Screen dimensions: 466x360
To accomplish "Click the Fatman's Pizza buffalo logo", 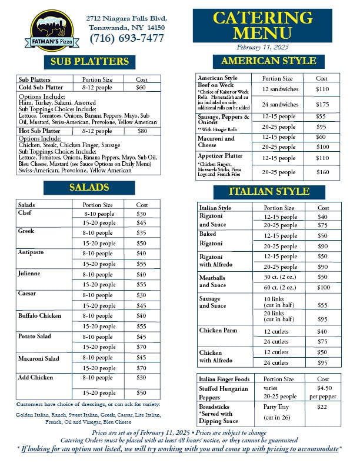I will [50, 30].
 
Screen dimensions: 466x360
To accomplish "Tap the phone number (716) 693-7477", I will [127, 39].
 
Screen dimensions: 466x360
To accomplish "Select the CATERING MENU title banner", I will [262, 25].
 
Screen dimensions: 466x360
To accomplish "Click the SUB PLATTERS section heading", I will [89, 61].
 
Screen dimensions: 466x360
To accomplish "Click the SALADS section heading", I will [89, 188].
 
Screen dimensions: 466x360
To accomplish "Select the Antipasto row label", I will [31, 253].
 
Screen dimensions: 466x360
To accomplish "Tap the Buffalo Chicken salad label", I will [39, 315].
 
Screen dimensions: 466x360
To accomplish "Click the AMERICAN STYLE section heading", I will [268, 61].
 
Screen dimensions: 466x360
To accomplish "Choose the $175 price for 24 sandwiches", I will [322, 104].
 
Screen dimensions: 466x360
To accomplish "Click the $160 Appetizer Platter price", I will [322, 172].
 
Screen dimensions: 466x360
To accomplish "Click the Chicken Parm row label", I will [218, 331].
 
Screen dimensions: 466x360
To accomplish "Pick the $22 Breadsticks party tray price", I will [322, 407].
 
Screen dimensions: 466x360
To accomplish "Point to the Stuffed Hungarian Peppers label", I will [224, 392].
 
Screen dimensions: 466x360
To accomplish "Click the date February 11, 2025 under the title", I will [262, 47].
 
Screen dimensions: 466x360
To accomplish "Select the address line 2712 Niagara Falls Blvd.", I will [126, 18].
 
